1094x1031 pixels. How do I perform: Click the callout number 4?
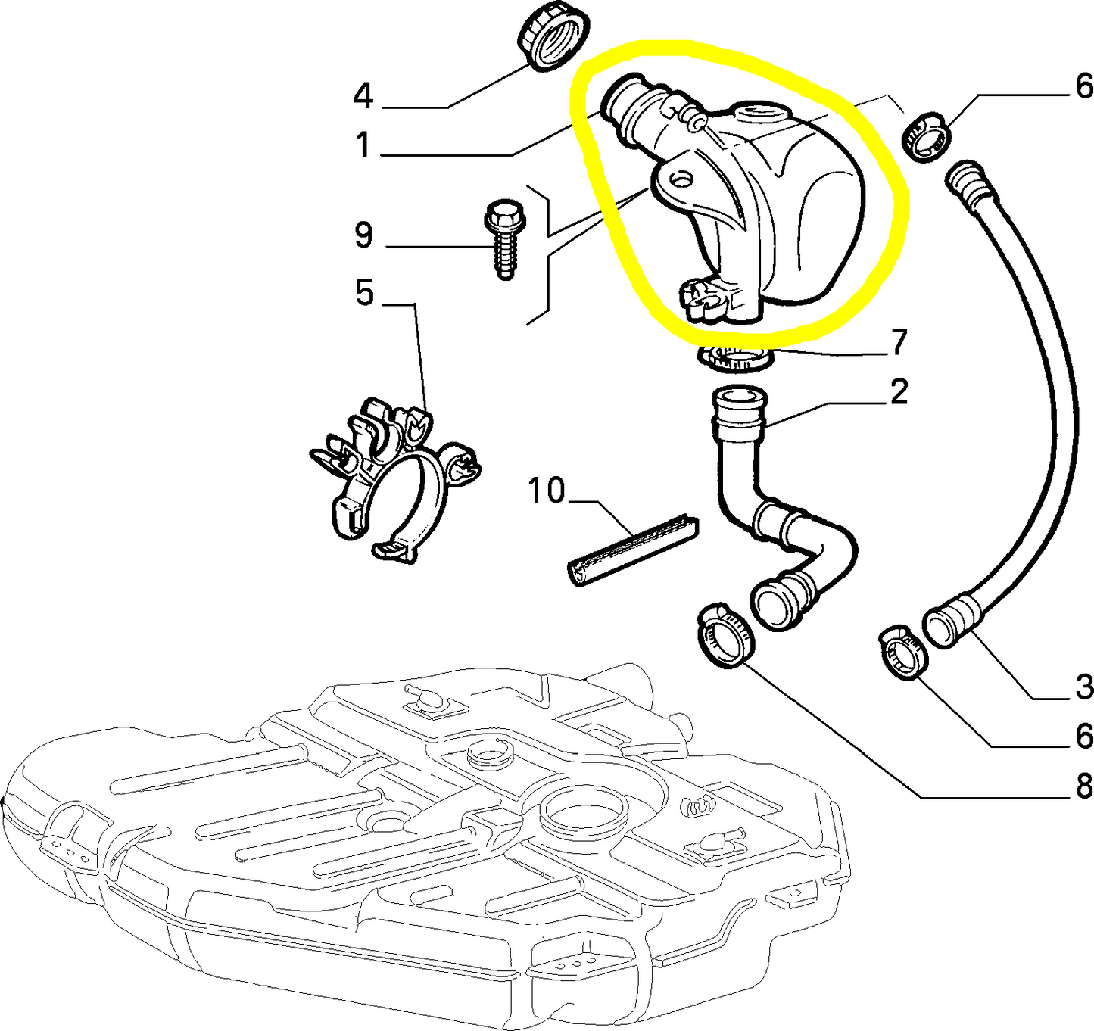363,97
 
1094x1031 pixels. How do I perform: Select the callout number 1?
363,145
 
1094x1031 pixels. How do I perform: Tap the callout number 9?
363,235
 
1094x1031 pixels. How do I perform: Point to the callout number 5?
365,293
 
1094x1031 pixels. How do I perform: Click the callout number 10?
546,491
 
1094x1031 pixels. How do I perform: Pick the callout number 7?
899,341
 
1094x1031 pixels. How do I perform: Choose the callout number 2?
899,392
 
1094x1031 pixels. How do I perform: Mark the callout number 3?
1083,687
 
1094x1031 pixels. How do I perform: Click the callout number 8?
1083,786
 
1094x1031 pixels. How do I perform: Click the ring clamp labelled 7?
734,357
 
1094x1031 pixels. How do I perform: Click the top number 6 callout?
1083,86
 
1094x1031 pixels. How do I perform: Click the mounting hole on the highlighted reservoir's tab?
681,179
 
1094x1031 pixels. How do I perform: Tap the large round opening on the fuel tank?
586,810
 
